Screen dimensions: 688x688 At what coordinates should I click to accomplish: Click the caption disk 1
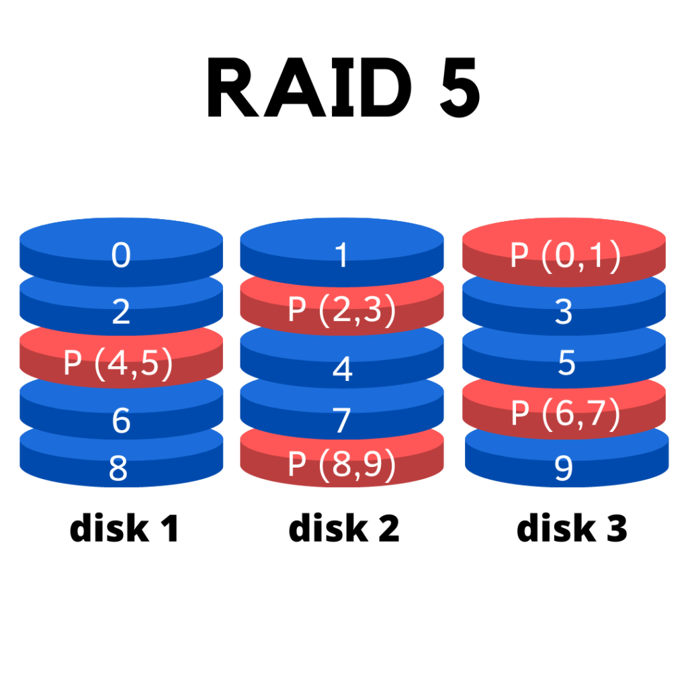tap(124, 529)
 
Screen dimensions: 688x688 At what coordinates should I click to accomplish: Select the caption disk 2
tap(344, 529)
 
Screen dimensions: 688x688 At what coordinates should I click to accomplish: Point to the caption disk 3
tap(572, 529)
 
